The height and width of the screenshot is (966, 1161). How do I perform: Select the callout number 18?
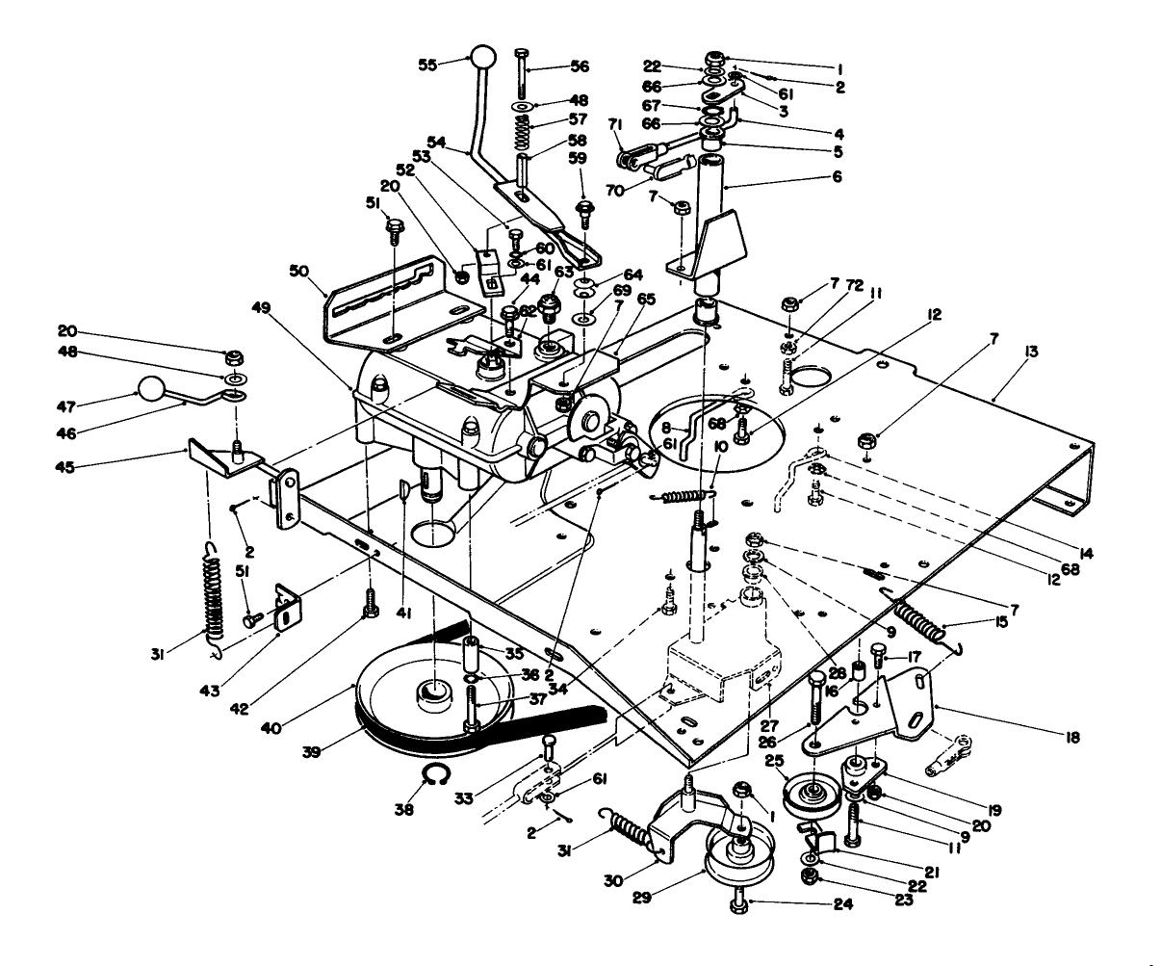1071,738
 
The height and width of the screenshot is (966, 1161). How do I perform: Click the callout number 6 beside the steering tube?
837,176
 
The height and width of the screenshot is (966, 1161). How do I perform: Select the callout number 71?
614,124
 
